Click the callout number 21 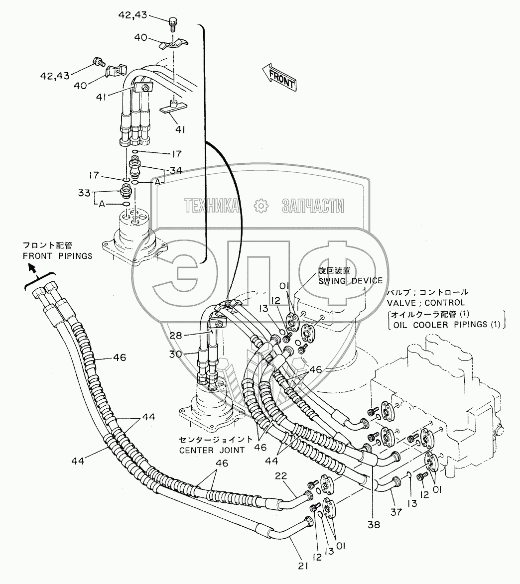[303, 565]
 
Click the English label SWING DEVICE [351, 281]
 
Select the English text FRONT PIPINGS [58, 256]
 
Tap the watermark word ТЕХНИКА [211, 205]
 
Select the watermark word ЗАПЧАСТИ [313, 205]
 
